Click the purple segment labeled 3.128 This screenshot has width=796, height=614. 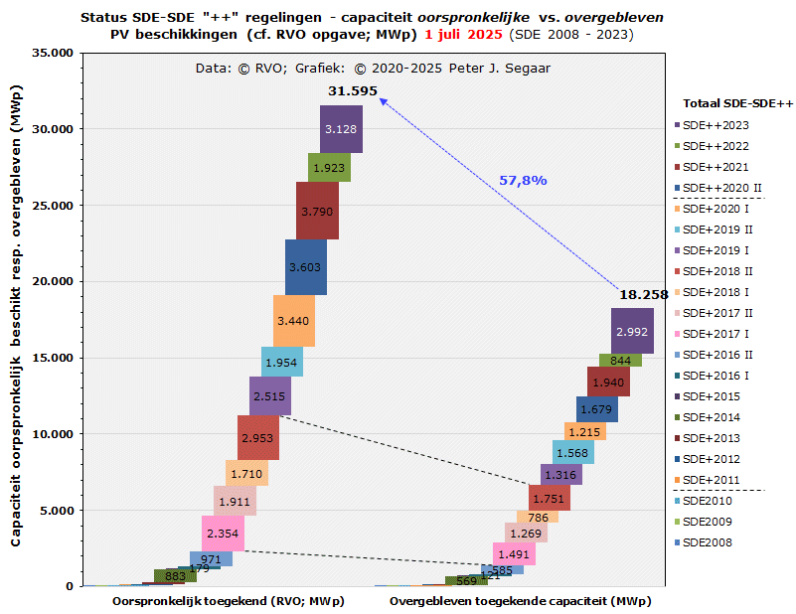point(341,129)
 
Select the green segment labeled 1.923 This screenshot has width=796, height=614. point(329,168)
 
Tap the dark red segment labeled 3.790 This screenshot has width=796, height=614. point(317,211)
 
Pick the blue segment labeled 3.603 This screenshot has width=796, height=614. point(305,267)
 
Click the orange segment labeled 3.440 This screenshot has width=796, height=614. point(293,321)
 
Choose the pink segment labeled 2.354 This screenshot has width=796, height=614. point(223,534)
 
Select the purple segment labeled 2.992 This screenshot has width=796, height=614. point(632,331)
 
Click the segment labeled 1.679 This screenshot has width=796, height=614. point(596,409)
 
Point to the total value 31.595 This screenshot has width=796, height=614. point(353,91)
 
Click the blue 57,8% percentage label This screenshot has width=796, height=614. point(523,180)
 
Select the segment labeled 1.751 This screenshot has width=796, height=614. point(549,499)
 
